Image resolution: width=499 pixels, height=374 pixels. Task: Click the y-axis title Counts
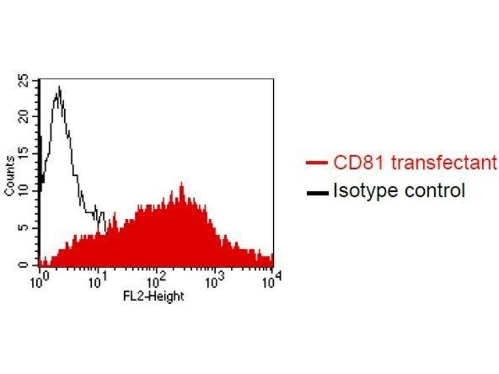click(x=10, y=177)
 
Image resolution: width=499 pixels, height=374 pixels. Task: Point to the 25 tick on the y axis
click(x=23, y=80)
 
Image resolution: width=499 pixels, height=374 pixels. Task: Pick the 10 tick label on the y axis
click(x=23, y=190)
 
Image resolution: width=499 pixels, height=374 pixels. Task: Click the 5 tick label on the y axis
click(x=23, y=228)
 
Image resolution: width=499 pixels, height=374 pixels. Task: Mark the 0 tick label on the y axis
click(x=23, y=265)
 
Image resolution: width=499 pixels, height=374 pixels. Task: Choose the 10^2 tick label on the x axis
click(x=156, y=278)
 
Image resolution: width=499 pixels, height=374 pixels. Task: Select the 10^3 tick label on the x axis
click(x=214, y=278)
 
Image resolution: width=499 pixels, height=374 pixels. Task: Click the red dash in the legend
click(x=317, y=165)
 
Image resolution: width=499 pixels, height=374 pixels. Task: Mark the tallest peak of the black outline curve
click(x=59, y=87)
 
